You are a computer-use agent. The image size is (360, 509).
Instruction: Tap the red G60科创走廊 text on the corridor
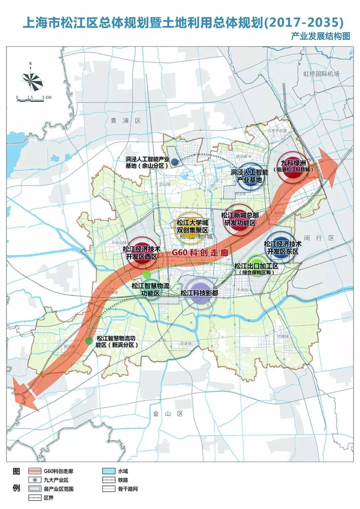point(200,252)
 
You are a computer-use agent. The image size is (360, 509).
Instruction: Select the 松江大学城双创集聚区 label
point(192,226)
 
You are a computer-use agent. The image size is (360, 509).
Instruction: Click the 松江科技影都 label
point(199,293)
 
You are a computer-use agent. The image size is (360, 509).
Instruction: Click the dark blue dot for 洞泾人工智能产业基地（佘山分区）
point(174,162)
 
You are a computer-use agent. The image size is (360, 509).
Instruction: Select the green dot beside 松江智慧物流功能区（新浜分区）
point(89,341)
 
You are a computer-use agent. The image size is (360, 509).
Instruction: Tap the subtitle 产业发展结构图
point(320,36)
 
